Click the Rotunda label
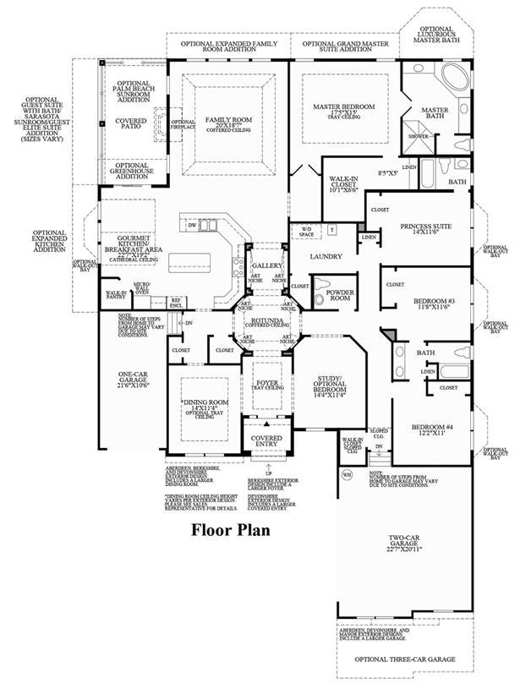click(x=265, y=321)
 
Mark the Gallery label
click(x=265, y=265)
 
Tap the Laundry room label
click(x=325, y=256)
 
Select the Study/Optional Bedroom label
click(x=330, y=385)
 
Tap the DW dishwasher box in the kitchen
click(x=193, y=226)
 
